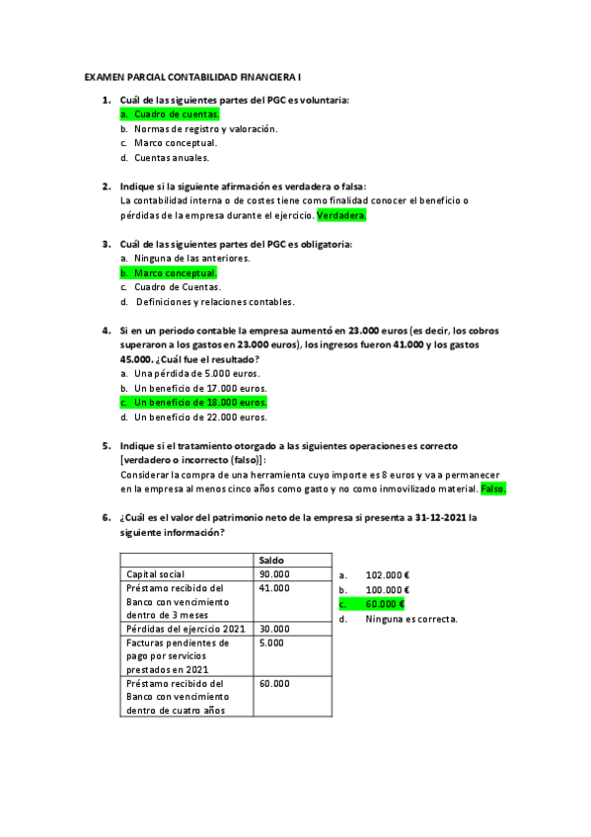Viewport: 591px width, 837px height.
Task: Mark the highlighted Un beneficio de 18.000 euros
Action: click(x=200, y=403)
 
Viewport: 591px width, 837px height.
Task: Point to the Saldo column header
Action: click(x=273, y=560)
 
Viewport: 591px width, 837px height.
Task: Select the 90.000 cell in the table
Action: click(x=274, y=573)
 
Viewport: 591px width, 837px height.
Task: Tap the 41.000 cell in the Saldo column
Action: click(x=274, y=588)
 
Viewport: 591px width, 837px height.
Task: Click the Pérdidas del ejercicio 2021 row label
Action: click(x=185, y=629)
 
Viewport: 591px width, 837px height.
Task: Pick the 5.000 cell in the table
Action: click(x=271, y=643)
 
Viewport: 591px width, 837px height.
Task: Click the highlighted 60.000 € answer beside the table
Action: click(x=384, y=603)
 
